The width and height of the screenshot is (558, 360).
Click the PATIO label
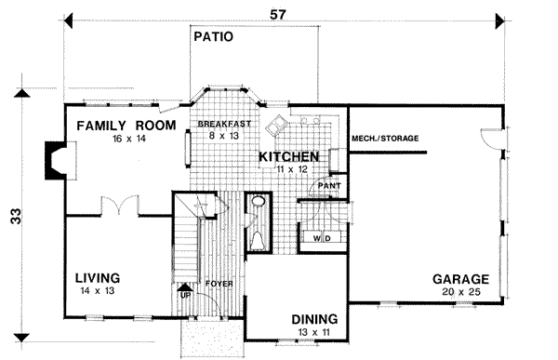[212, 38]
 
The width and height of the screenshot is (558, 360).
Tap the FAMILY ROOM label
[120, 125]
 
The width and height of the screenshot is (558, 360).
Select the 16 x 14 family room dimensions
[120, 138]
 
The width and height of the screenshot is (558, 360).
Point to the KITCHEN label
[289, 157]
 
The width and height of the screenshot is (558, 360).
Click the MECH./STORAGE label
[384, 140]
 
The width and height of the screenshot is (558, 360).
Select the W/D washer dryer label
[322, 238]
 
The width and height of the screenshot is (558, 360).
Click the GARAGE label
[460, 278]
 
